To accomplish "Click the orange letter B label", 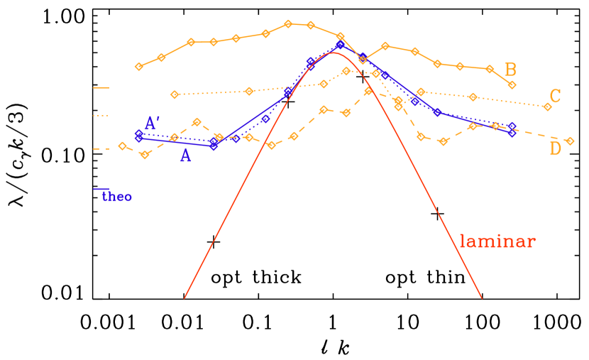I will [510, 70].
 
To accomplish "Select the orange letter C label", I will [555, 97].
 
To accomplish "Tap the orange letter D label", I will [555, 148].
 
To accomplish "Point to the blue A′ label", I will [151, 124].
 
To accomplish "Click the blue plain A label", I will [185, 156].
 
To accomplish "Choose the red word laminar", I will [497, 242].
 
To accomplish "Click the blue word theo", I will [117, 197].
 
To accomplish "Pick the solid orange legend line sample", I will [101, 88].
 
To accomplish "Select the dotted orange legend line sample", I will [101, 115].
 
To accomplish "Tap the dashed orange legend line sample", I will [101, 149].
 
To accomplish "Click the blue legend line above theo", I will [101, 189].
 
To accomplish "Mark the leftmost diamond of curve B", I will [139, 67].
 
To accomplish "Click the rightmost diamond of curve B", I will [512, 84].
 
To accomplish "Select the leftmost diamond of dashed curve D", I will [122, 146].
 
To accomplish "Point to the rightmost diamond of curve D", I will [569, 141].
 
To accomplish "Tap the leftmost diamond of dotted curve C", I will [175, 94].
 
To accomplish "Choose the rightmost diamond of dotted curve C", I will [546, 107].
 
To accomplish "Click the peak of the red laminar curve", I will [333, 53].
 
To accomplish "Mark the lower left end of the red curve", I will [185, 298].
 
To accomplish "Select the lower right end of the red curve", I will [482, 298].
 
